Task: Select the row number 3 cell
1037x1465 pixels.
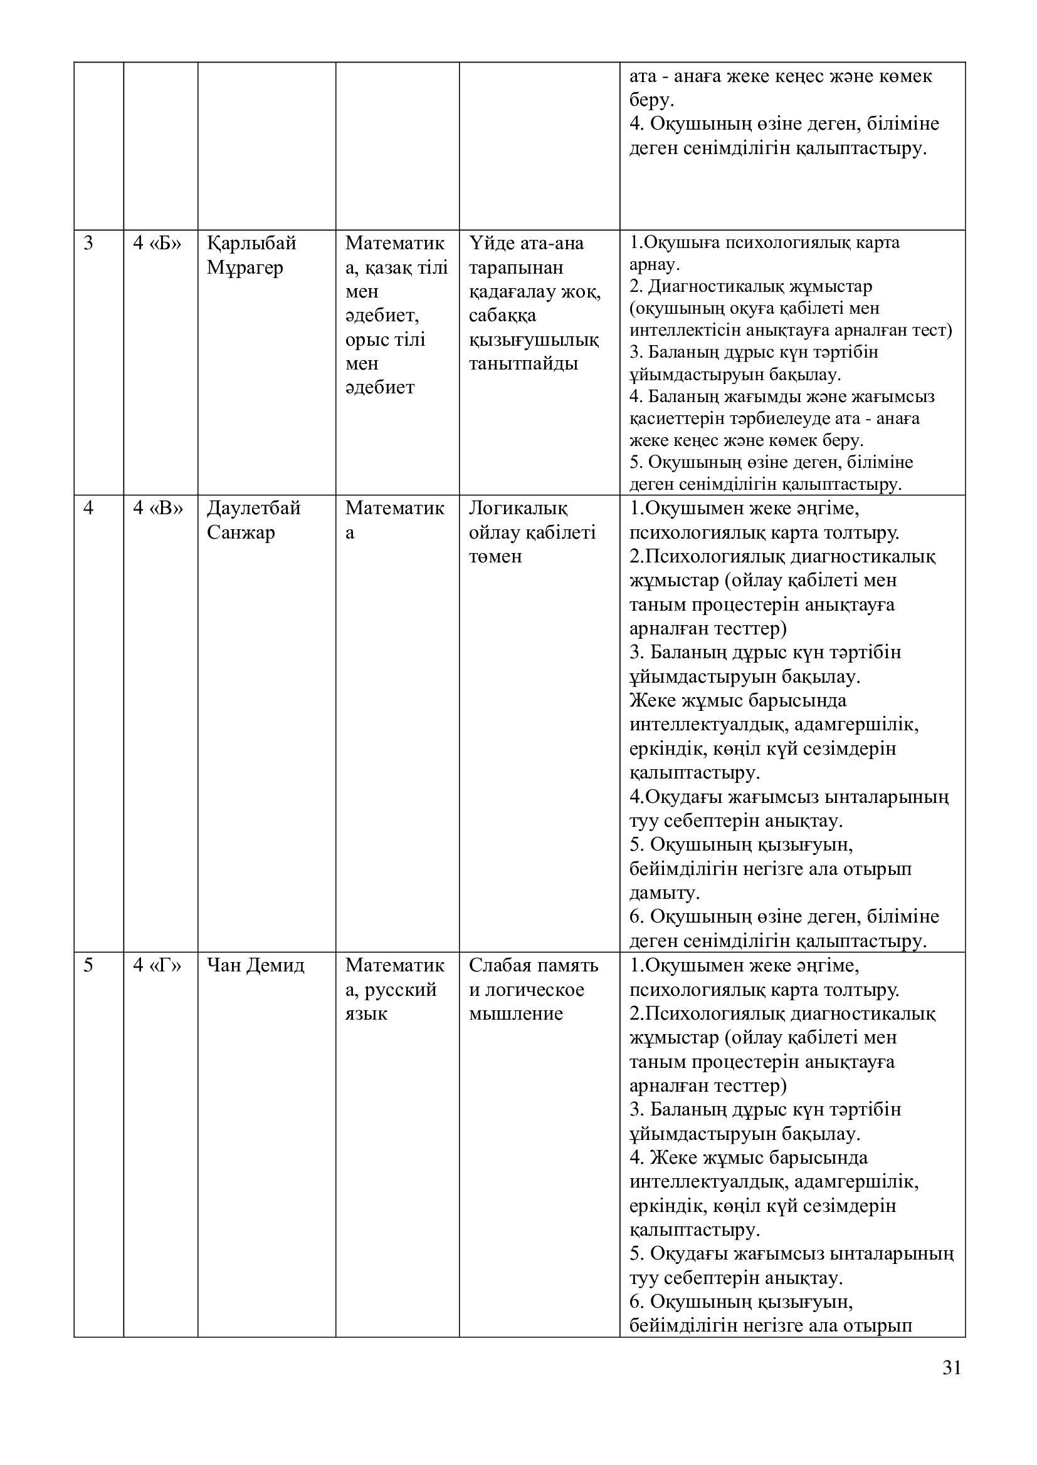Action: click(89, 244)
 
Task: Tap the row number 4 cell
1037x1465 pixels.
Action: click(89, 509)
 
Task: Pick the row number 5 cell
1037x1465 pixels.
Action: click(89, 965)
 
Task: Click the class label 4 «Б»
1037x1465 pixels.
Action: click(157, 244)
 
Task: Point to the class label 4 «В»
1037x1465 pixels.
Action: click(157, 509)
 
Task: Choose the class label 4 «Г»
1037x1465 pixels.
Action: click(157, 965)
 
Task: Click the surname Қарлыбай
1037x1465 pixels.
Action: click(251, 244)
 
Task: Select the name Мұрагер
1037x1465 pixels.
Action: click(245, 268)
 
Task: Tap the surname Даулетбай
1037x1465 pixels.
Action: click(253, 509)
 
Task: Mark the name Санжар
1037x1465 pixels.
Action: click(241, 533)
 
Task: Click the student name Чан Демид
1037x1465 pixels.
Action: click(255, 965)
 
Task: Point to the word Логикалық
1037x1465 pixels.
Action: click(518, 509)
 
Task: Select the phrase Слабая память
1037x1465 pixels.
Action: click(533, 965)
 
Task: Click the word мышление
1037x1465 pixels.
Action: click(515, 1014)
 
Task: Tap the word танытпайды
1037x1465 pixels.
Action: click(523, 364)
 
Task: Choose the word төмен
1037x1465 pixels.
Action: click(495, 556)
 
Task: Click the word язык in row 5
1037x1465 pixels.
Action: click(366, 1014)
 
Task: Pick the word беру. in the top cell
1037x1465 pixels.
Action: click(652, 100)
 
